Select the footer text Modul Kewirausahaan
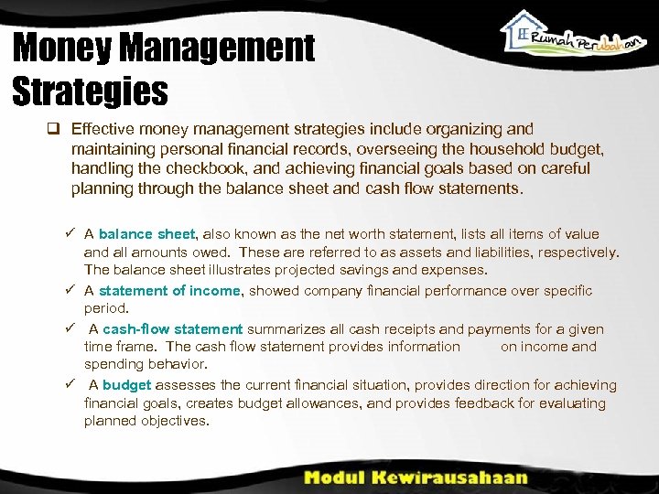[415, 478]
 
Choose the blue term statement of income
[169, 290]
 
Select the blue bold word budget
[126, 385]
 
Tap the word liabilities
[531, 252]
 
